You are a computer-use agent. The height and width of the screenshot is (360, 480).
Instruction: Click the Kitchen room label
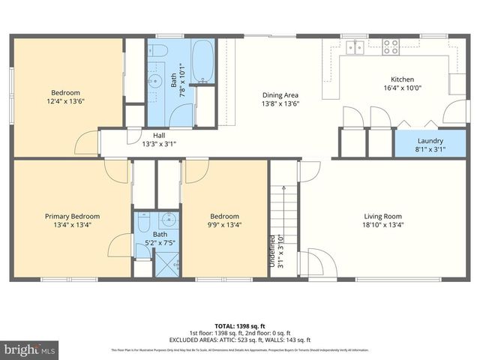[402, 79]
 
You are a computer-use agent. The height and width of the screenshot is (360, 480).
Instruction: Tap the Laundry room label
[430, 140]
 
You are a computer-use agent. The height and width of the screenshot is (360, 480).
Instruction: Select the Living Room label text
[385, 216]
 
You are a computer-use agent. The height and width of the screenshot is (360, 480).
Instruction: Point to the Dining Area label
[280, 95]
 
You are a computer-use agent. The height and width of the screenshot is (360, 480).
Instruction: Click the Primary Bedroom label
[71, 216]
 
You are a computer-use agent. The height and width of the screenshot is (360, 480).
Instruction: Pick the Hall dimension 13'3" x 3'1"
[159, 144]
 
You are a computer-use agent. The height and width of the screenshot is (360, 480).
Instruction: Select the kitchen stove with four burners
[391, 46]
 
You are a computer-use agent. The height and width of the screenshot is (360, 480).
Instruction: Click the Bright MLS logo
[30, 349]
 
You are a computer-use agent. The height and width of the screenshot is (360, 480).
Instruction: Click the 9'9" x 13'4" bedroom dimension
[224, 223]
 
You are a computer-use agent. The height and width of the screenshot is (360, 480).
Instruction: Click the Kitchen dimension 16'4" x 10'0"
[402, 88]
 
